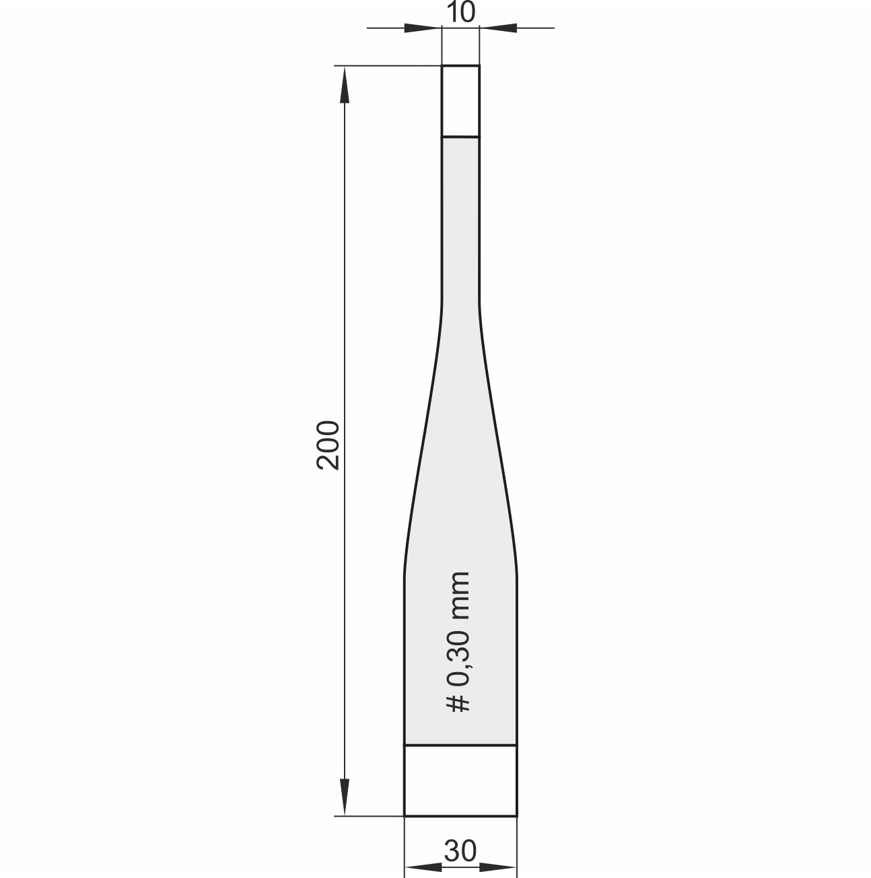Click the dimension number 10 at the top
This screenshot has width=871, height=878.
click(460, 12)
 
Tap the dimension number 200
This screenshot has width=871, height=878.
click(328, 445)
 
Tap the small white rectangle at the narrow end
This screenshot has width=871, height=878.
click(460, 101)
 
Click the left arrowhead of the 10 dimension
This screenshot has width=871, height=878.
click(423, 28)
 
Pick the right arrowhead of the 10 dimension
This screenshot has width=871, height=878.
click(498, 28)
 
